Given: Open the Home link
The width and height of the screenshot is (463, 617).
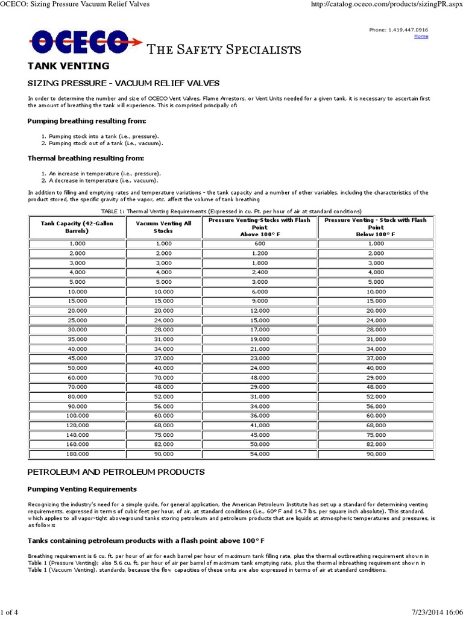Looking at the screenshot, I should tap(421, 36).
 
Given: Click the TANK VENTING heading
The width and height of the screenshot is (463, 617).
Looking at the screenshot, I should tap(68, 66).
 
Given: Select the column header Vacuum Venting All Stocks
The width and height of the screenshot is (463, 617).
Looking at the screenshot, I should tap(163, 227).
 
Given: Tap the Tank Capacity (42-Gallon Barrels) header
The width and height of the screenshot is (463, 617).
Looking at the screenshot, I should tap(77, 227).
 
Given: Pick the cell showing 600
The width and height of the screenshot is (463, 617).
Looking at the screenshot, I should tap(259, 242).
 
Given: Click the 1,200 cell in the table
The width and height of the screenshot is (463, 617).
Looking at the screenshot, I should tap(259, 253).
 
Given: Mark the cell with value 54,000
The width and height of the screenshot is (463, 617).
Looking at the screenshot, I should tap(259, 453).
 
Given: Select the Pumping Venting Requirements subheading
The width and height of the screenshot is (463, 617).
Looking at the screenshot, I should tap(82, 489).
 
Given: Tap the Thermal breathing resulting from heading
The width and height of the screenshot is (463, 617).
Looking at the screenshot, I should tap(86, 158).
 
